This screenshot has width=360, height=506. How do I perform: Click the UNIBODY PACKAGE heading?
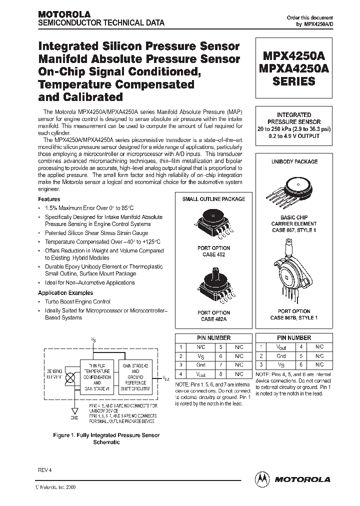294,162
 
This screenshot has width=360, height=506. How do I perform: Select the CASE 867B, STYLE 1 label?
294,317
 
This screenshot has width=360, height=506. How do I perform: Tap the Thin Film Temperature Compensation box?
97,378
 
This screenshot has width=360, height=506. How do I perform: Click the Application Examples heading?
66,293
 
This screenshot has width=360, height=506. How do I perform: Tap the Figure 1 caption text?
106,438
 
